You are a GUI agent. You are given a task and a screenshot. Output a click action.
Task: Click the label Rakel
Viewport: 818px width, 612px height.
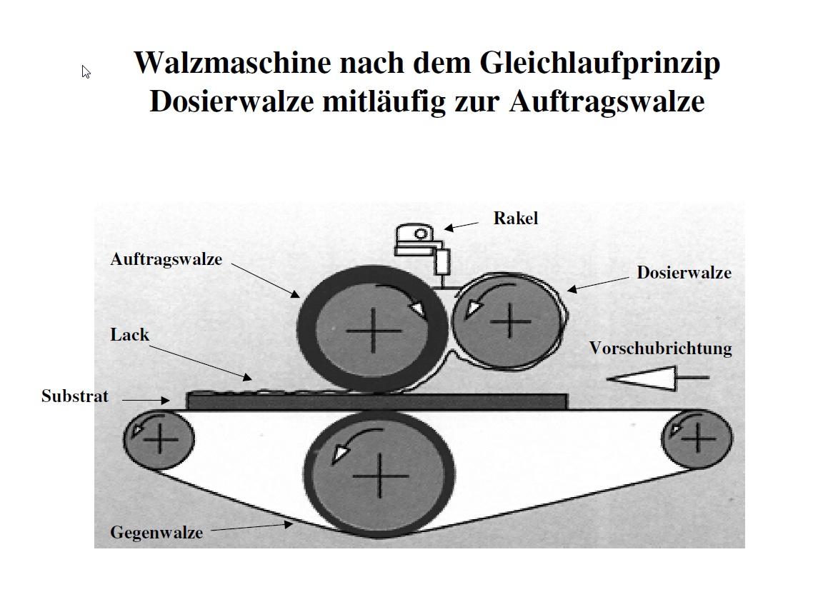[515, 218]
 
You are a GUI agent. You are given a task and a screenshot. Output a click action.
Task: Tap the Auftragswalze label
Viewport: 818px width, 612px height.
[166, 260]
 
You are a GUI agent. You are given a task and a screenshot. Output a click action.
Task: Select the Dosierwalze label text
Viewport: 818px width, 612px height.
[684, 273]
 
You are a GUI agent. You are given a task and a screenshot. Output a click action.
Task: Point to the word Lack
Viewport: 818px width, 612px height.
[130, 335]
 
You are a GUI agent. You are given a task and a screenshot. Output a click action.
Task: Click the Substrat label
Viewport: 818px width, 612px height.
[75, 396]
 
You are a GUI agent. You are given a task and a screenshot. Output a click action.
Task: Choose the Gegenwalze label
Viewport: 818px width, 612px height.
[156, 533]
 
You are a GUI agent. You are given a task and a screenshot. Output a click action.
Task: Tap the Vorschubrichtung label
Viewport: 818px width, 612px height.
[660, 348]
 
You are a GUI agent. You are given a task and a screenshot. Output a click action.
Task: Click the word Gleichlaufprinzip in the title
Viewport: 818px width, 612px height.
[600, 64]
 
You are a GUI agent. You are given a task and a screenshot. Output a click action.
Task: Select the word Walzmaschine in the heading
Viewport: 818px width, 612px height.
[233, 63]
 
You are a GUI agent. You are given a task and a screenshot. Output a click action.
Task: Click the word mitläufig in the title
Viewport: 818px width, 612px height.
[384, 101]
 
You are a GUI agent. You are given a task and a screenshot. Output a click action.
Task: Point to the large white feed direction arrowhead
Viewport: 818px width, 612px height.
[642, 378]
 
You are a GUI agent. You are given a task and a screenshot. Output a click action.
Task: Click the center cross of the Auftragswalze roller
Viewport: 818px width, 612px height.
[374, 331]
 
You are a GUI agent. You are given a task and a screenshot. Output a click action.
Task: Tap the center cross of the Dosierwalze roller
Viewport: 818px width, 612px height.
[509, 321]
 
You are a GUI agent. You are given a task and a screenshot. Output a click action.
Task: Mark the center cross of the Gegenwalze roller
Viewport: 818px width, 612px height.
[379, 476]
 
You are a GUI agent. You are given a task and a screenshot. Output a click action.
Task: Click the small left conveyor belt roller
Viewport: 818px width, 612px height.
[159, 439]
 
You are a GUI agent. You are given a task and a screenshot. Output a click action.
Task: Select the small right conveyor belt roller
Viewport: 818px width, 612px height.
[697, 438]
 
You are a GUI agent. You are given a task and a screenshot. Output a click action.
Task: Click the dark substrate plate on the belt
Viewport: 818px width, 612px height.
[376, 402]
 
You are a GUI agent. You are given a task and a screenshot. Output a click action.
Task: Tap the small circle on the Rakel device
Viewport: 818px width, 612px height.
[421, 234]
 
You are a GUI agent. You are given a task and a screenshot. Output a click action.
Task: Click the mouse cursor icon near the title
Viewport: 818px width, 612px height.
[86, 72]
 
